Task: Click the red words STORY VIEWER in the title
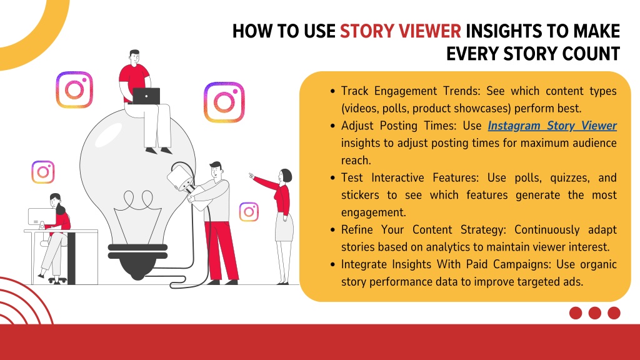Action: [401, 31]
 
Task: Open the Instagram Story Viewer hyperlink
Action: [552, 126]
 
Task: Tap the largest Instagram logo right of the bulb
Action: [224, 102]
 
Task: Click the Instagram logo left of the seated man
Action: [74, 90]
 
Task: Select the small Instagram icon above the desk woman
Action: [43, 172]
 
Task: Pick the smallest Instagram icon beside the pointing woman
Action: [249, 212]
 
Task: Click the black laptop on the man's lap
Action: [146, 96]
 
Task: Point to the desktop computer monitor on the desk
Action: [42, 217]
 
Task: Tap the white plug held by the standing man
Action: [179, 177]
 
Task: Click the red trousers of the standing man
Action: [221, 250]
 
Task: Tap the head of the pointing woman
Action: [285, 176]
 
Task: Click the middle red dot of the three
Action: [595, 313]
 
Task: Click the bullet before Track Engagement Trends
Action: [332, 91]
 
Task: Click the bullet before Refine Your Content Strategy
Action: [332, 230]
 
